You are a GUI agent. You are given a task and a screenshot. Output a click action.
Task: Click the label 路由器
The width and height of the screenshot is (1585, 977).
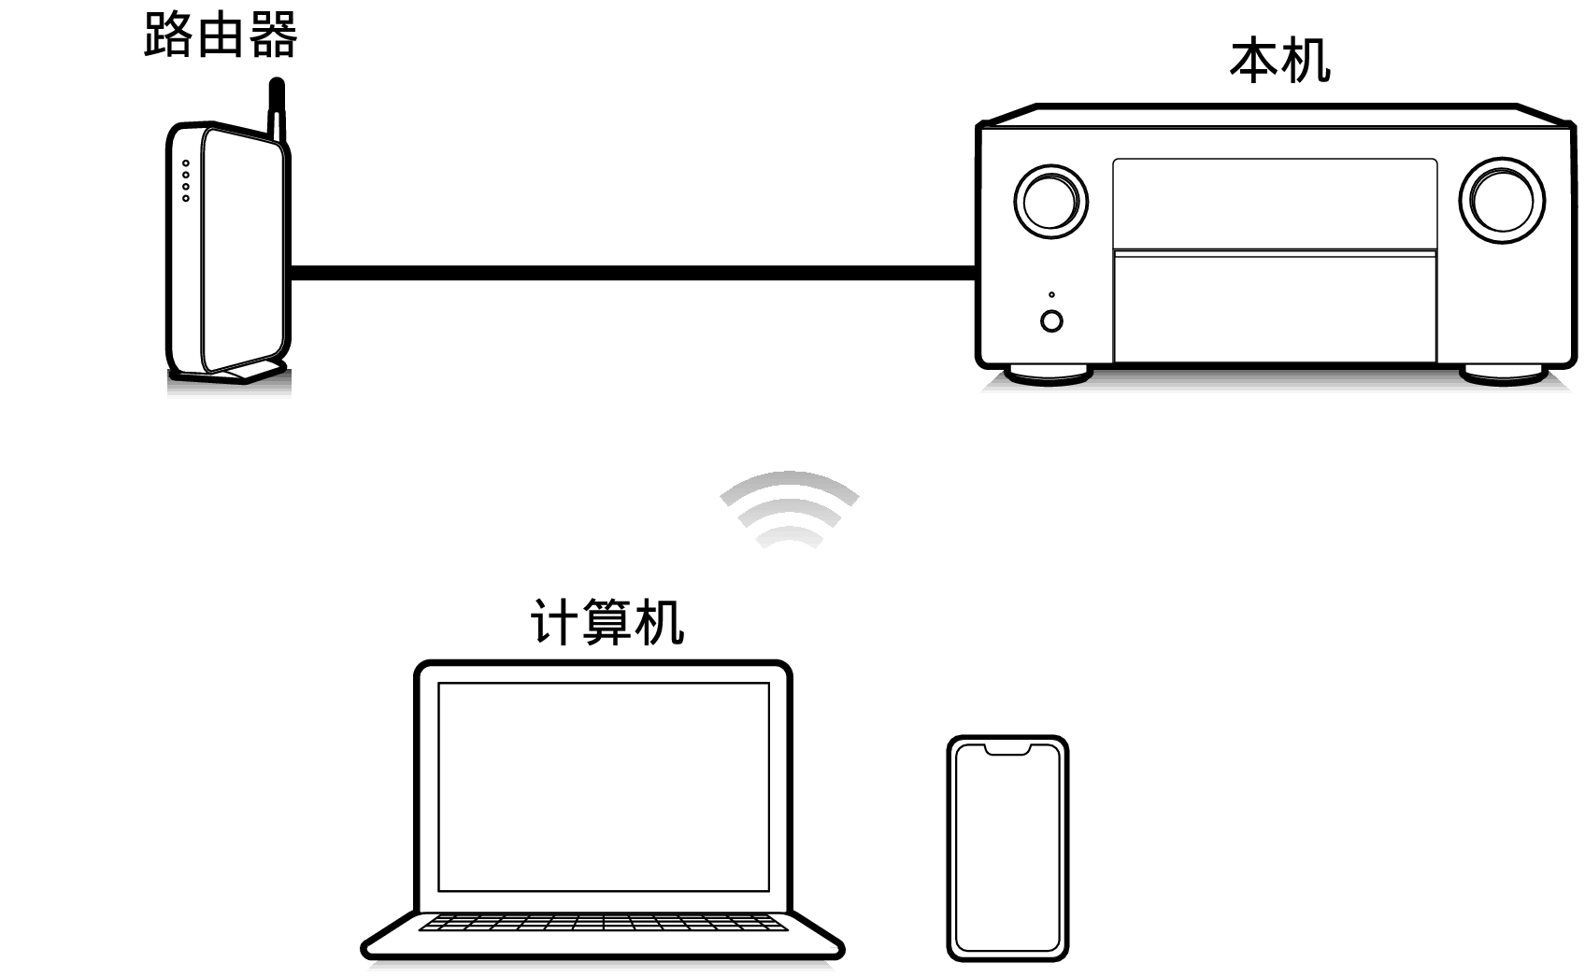tap(221, 36)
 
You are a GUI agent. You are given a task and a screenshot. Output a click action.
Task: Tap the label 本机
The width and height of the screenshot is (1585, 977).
tap(1279, 62)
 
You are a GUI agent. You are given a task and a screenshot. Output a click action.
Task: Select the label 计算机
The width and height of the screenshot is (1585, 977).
tap(607, 622)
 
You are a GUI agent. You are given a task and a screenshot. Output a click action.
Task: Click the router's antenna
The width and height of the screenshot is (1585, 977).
tap(276, 107)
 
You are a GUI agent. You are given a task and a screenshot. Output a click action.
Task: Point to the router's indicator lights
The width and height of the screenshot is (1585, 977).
tap(186, 180)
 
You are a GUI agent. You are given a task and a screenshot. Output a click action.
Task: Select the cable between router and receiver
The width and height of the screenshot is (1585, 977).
tap(634, 273)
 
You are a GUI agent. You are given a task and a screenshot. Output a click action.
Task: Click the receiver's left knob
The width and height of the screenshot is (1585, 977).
tap(1050, 200)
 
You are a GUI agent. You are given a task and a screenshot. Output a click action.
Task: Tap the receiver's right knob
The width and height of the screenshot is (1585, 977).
tap(1502, 200)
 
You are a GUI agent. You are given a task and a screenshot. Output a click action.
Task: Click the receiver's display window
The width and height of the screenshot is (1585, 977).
tap(1275, 203)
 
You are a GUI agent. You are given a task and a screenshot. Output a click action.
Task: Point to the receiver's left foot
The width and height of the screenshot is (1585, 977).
tap(1050, 375)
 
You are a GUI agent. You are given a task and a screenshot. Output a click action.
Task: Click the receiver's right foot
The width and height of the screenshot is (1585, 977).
tap(1504, 375)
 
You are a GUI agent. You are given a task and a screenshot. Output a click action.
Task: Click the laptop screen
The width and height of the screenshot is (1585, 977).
tap(604, 786)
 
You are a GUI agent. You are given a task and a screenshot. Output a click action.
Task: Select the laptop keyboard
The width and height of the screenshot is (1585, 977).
tap(604, 923)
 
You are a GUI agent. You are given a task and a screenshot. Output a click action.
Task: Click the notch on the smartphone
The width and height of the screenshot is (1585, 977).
tap(1007, 749)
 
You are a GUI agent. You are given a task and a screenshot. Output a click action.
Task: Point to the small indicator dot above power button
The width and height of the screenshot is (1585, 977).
tap(1051, 295)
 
